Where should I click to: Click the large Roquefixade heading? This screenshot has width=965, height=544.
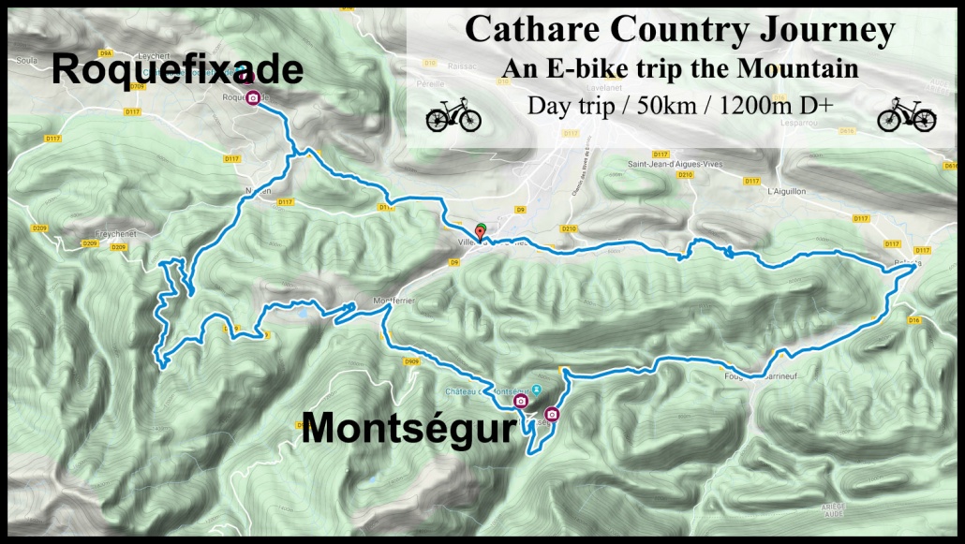tap(177, 70)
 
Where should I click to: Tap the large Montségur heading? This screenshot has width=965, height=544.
tap(408, 430)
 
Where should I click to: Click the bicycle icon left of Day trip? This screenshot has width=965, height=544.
tap(453, 117)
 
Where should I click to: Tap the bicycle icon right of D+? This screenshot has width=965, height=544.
tap(906, 117)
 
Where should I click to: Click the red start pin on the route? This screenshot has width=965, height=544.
tap(481, 231)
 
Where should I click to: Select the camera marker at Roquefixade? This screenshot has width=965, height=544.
tap(252, 97)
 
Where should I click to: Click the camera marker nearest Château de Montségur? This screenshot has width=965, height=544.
tap(520, 402)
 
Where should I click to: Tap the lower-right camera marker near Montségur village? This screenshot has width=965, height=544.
tap(552, 414)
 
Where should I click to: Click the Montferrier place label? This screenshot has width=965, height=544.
tap(393, 301)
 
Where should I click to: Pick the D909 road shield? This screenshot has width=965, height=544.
tap(411, 360)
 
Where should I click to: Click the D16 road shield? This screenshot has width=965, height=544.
tap(913, 320)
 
